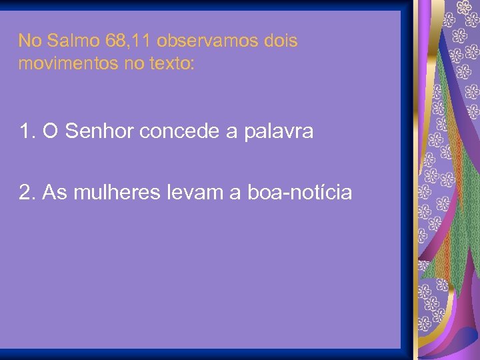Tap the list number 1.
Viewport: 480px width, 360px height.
click(27, 131)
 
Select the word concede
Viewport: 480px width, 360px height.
click(180, 131)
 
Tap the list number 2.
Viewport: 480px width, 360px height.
click(27, 193)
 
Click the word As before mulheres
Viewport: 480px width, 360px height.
click(53, 193)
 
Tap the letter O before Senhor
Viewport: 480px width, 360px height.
click(50, 131)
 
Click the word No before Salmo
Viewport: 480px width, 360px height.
click(29, 41)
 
